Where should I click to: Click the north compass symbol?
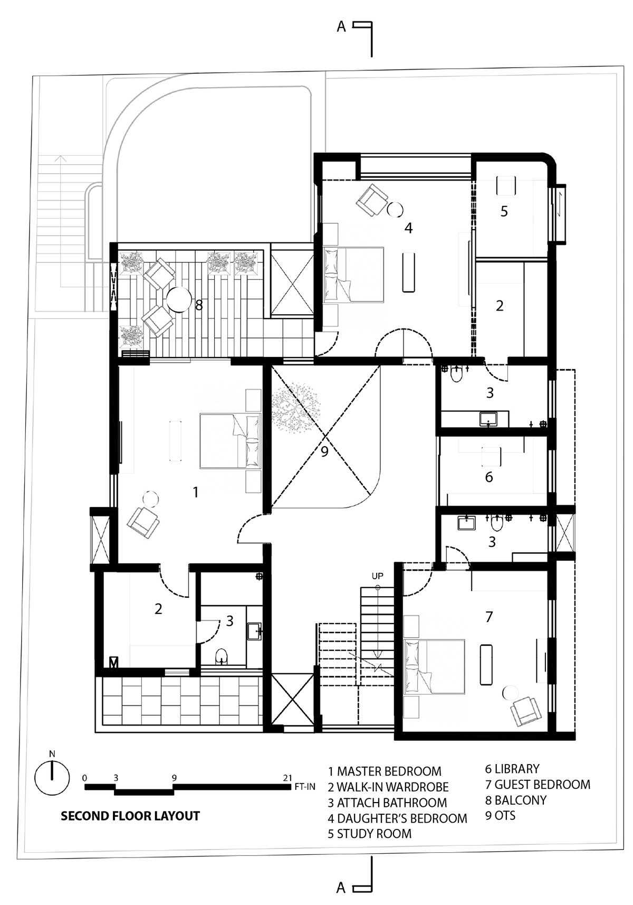[52, 777]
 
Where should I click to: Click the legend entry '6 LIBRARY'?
[512, 768]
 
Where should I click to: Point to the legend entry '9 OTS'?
[500, 815]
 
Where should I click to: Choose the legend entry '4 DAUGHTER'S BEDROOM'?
[397, 818]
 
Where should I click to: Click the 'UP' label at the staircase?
[378, 576]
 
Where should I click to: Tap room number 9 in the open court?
[324, 451]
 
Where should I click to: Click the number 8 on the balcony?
[199, 305]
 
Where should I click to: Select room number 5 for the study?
[504, 211]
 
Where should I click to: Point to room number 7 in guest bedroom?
[489, 617]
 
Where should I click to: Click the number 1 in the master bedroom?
[196, 492]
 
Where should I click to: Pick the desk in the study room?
[506, 186]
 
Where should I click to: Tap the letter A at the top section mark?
[341, 27]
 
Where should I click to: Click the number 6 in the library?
[489, 477]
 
